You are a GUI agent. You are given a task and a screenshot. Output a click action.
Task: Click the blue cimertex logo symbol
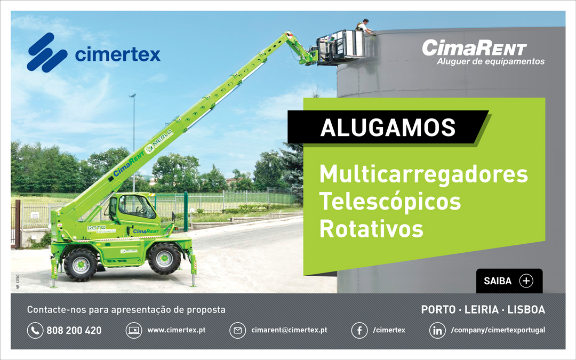point(47,52)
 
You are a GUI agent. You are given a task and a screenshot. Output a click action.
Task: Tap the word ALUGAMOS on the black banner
point(388,127)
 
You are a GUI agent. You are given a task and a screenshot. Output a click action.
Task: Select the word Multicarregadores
point(423,174)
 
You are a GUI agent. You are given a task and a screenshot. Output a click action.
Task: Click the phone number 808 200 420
point(74,331)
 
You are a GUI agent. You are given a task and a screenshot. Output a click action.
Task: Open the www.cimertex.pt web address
point(176,330)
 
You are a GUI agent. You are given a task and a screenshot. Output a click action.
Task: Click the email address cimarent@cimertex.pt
point(289,330)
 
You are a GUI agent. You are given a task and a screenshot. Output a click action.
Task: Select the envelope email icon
point(237,331)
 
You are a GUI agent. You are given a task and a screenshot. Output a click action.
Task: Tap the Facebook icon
point(359,331)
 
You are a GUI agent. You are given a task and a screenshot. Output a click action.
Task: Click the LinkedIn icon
point(437,331)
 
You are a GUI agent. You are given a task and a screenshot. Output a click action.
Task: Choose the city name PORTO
point(438,310)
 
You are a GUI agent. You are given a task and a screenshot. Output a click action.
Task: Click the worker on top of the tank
point(364,27)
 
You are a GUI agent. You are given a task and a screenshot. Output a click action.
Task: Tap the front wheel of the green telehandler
point(81,264)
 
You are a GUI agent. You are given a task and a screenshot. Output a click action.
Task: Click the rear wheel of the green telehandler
point(164,259)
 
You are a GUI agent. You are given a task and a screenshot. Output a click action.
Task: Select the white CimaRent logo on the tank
point(474,49)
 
